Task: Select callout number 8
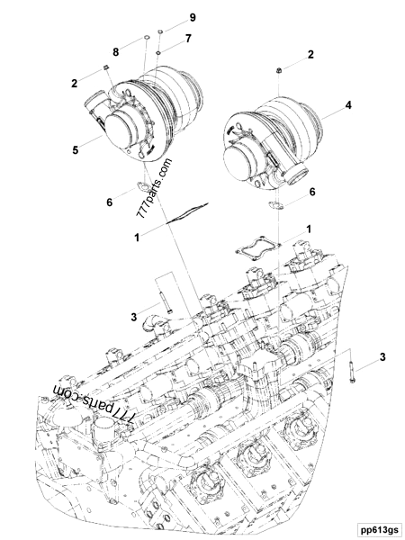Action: point(116,52)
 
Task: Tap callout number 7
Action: point(188,39)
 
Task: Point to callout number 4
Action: point(348,105)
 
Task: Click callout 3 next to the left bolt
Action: point(132,316)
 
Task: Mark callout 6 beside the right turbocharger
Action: point(311,192)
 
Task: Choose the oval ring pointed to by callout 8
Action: point(144,40)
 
